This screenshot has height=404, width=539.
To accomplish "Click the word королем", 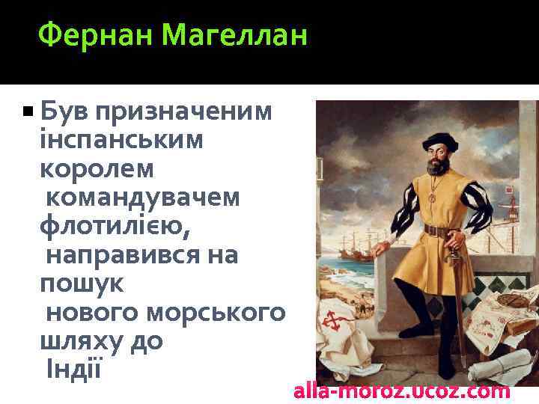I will (x=97, y=169).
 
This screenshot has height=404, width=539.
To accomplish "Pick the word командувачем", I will (x=143, y=198).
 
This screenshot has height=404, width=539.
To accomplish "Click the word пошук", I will (x=82, y=284).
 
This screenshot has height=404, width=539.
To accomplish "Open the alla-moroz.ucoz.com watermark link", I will (x=402, y=391).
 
